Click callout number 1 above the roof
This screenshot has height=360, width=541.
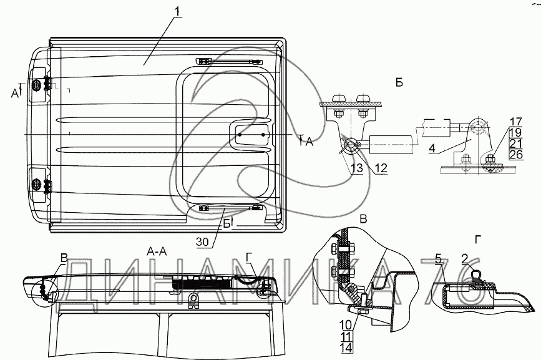click(x=177, y=11)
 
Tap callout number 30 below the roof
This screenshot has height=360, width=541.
click(x=203, y=243)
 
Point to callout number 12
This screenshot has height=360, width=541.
click(x=381, y=168)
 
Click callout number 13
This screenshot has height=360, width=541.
click(x=356, y=168)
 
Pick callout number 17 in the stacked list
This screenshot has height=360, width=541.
click(x=516, y=122)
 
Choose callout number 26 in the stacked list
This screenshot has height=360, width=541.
click(x=516, y=154)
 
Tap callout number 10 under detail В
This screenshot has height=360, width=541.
click(x=346, y=325)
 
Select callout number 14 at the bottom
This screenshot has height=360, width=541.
click(x=346, y=348)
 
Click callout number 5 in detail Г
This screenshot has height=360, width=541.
click(x=439, y=259)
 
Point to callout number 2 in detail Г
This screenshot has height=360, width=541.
click(x=465, y=259)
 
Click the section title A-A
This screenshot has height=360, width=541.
click(x=157, y=252)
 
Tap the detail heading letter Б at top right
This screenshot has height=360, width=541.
click(x=399, y=83)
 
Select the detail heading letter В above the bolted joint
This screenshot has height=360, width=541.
click(x=363, y=220)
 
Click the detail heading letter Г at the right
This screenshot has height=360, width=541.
click(x=478, y=240)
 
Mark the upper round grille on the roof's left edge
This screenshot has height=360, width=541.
click(x=36, y=85)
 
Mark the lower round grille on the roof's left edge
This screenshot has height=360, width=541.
click(x=36, y=185)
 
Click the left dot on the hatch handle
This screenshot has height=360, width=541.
click(x=240, y=135)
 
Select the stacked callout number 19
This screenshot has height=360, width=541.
click(x=516, y=132)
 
